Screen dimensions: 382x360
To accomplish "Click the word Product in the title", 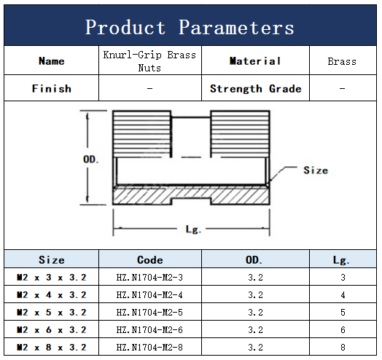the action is click(125, 27).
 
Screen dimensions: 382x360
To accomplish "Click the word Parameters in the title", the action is click(236, 27).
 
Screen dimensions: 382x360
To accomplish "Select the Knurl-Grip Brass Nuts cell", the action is click(149, 61).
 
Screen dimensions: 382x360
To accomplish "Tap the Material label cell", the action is click(255, 61).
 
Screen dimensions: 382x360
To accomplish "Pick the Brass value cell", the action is click(342, 61).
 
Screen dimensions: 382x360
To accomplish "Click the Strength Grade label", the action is click(256, 89).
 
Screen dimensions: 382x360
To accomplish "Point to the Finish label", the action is click(52, 88).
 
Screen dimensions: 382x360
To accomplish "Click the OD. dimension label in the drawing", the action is click(91, 160).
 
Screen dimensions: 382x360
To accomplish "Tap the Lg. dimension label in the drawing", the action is click(193, 230).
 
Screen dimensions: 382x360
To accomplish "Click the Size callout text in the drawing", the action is click(316, 170).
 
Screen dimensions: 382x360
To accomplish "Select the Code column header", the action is click(150, 260).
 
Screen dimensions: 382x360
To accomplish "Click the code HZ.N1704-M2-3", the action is click(149, 278).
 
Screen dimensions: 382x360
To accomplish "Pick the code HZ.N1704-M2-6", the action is click(149, 330).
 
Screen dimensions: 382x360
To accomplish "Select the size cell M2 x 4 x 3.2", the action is click(52, 295).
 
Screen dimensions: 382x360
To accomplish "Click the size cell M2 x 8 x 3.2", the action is click(52, 348).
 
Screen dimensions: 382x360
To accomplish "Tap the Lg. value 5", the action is click(343, 312).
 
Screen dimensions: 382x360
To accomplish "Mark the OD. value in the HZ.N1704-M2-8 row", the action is click(256, 348).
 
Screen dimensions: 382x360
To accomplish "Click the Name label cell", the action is click(52, 61).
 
